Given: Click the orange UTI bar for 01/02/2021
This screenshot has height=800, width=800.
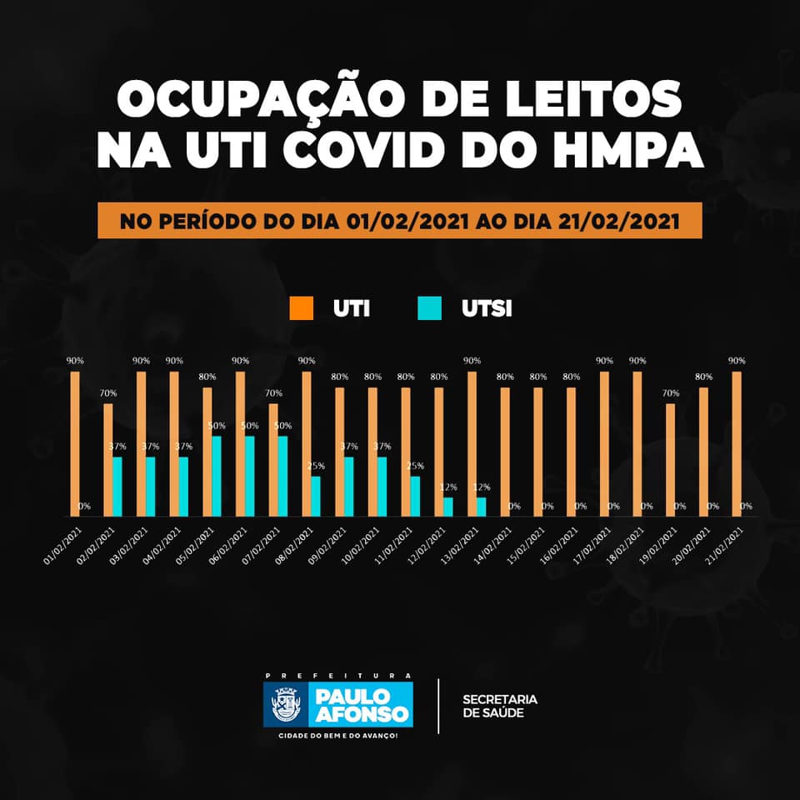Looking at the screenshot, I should click(75, 443).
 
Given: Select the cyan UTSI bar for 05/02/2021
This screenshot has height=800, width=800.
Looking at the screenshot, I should click(217, 476).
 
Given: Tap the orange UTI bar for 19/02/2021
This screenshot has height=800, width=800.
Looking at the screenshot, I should click(671, 460).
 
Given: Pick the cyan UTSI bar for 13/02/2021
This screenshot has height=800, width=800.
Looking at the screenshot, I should click(482, 507).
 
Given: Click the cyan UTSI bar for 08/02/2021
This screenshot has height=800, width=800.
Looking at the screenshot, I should click(316, 496).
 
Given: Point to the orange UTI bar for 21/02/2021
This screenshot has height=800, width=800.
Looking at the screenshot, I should click(737, 443).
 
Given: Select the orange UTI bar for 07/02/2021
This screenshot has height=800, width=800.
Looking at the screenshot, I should click(273, 460).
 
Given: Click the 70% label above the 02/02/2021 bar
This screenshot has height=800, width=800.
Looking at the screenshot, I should click(108, 392).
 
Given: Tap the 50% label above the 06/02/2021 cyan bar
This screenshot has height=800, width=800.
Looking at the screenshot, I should click(250, 426).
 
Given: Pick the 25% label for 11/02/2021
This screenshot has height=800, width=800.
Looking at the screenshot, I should click(415, 466).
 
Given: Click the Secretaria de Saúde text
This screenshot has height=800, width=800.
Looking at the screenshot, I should click(500, 705).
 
